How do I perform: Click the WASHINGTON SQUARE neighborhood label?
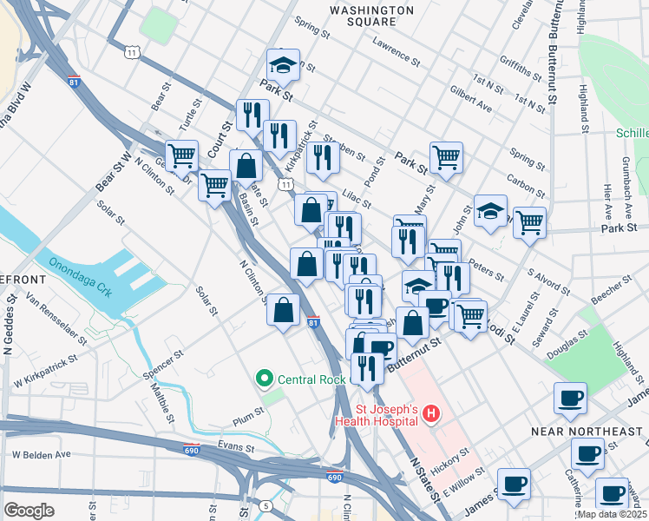(373, 16)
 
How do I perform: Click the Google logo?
(29, 511)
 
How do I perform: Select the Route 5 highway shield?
(265, 505)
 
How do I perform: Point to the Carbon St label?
(525, 186)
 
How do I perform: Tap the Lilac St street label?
(356, 195)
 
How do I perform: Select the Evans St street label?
(235, 447)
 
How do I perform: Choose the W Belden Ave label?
(41, 454)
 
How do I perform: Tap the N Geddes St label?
(10, 323)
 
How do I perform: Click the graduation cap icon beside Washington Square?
(283, 64)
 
